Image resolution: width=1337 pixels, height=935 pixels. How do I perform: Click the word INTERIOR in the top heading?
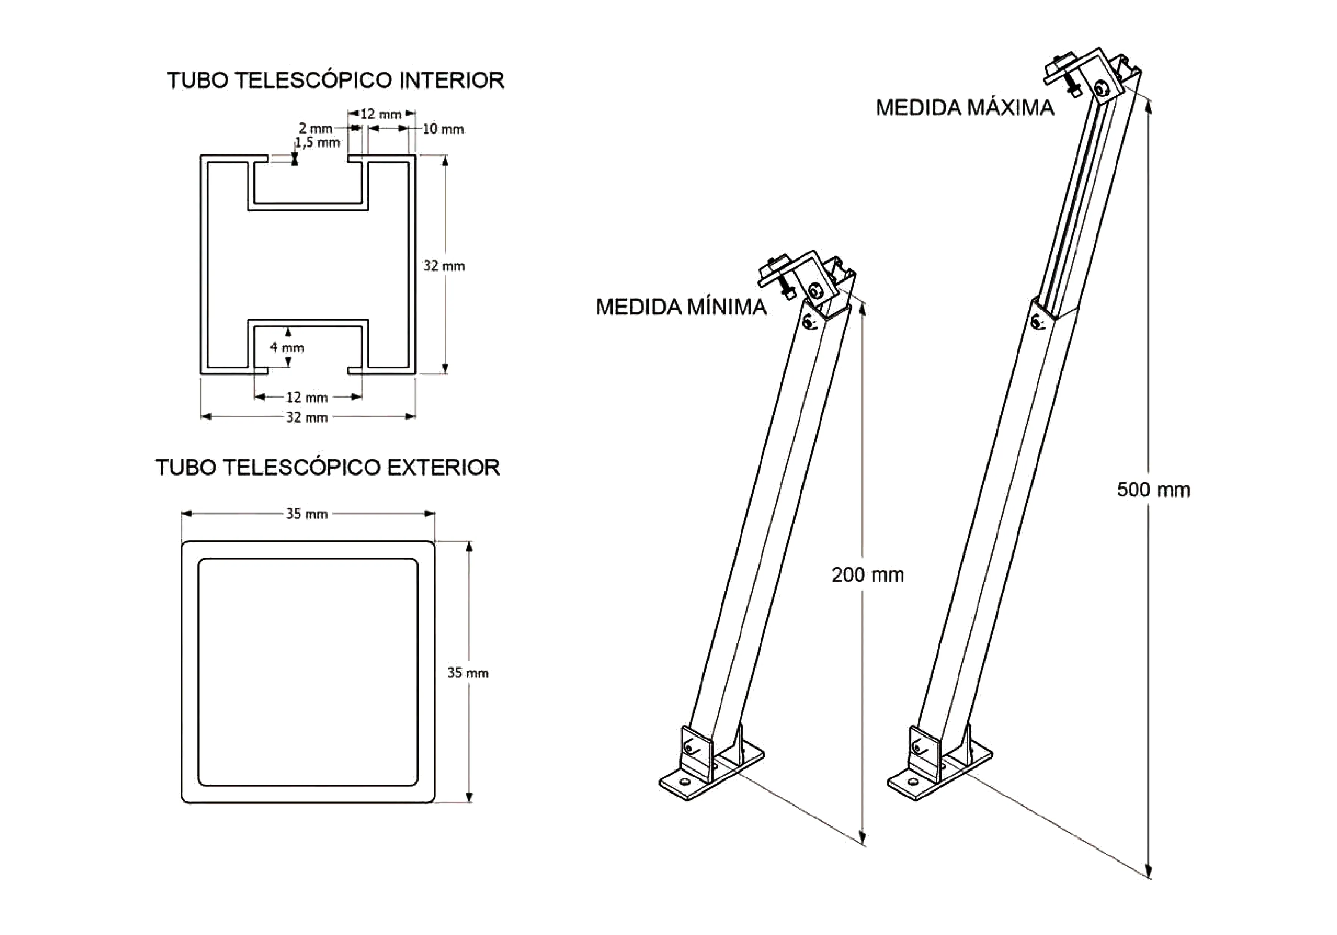point(451,80)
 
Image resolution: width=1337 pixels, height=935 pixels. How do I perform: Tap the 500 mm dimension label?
point(1153,490)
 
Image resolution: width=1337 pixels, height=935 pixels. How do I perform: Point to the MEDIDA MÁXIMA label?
point(965,108)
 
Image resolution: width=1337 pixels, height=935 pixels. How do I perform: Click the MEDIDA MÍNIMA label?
point(681,307)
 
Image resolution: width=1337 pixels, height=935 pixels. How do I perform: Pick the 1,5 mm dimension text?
point(317,142)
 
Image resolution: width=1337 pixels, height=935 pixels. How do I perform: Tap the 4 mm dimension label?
point(287,348)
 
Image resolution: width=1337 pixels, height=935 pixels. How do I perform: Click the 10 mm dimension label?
point(443,129)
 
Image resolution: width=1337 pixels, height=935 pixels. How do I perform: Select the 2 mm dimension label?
point(316,128)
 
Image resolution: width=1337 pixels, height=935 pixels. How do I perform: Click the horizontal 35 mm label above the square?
point(307,514)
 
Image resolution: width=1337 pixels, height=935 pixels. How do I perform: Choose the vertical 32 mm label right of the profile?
point(444,266)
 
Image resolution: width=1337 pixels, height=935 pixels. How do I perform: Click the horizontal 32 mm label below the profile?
point(307,417)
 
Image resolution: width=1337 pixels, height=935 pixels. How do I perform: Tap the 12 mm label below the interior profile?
point(307,397)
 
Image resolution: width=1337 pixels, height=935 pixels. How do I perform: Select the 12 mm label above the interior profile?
point(381,114)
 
